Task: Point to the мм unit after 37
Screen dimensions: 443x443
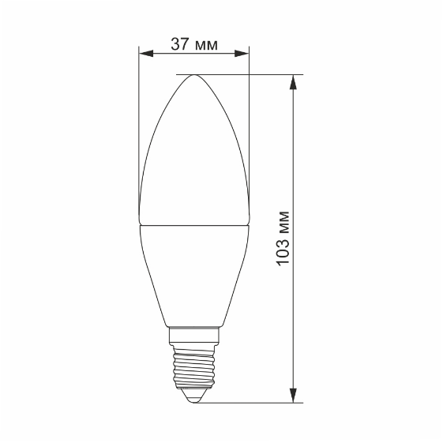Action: [205, 45]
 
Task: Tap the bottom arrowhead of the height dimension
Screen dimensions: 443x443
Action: [295, 396]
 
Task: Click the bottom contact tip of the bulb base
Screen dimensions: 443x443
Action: [193, 400]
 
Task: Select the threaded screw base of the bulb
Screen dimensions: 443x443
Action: [193, 367]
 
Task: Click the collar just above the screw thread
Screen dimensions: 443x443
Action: [193, 334]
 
